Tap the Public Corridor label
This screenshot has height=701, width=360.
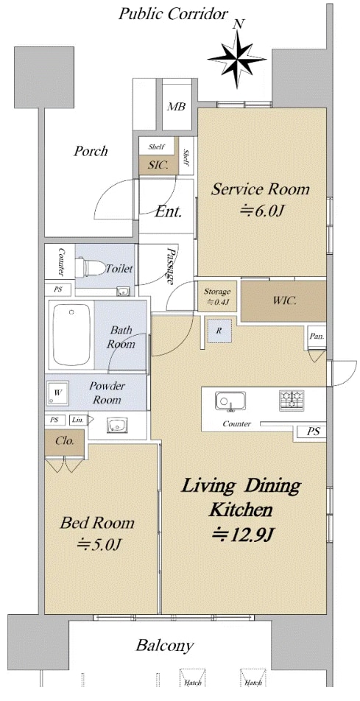[173, 14]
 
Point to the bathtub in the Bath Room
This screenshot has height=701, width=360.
[71, 335]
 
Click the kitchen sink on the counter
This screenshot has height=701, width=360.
[230, 401]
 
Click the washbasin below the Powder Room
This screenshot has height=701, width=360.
[118, 425]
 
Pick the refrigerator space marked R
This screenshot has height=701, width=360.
[219, 331]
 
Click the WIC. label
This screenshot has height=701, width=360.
[284, 300]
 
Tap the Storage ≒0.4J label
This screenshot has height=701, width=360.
[217, 297]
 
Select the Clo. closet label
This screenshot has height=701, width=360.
[64, 440]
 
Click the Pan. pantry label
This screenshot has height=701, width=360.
[317, 336]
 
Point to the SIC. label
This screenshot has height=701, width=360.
[158, 165]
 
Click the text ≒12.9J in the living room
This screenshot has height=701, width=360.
[242, 534]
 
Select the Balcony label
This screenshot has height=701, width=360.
[165, 646]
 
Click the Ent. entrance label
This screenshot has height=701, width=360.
[168, 212]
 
